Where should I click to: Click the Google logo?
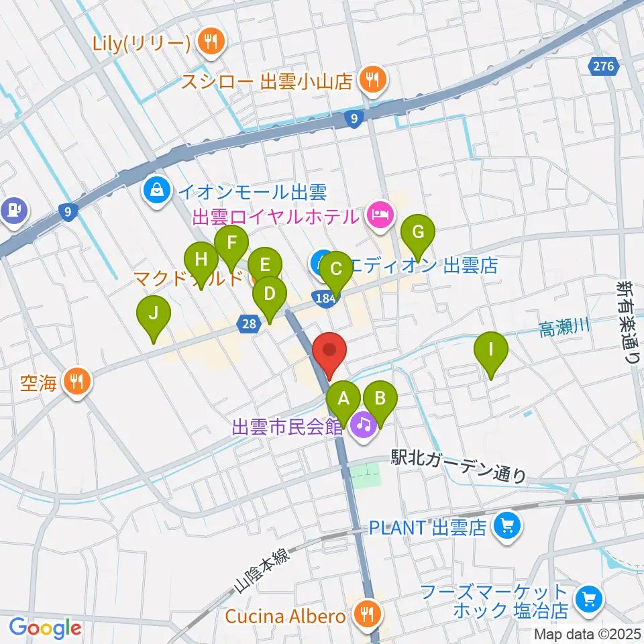point(45,628)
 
